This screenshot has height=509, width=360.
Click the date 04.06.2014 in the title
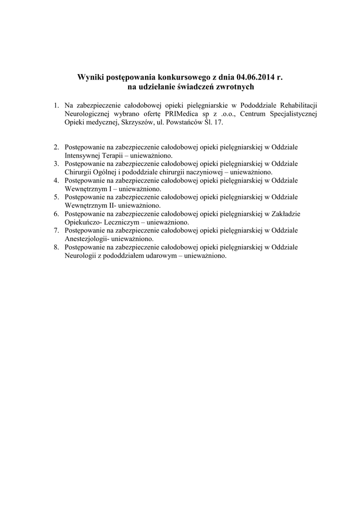point(255,78)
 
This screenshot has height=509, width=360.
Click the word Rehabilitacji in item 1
point(298,105)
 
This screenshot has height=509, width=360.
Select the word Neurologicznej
point(88,114)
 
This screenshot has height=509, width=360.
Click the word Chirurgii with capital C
point(78,172)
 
